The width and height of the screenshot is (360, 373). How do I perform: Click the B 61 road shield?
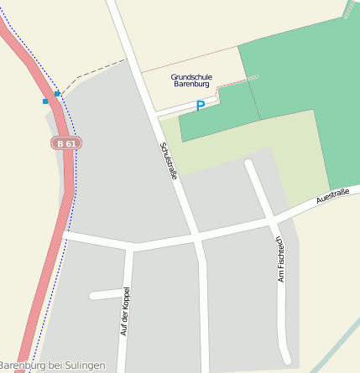66,143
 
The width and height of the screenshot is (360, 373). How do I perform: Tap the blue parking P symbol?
200,106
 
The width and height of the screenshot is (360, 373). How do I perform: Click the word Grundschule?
191,76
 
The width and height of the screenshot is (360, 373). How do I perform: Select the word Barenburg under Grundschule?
192,85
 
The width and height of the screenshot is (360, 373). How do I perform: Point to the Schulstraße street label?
168,160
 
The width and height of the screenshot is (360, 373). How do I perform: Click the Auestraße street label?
333,196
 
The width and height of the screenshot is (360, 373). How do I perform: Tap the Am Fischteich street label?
281,259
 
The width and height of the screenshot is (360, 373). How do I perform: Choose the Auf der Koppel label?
125,311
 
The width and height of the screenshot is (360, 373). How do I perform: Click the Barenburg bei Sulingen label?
52,365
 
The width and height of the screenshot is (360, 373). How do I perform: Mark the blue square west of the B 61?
45,101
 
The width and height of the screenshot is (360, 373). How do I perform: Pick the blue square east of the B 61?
58,94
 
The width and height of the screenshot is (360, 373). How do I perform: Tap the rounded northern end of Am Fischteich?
249,163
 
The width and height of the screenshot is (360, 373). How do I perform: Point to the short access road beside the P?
180,109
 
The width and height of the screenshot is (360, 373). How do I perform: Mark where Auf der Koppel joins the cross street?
131,246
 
